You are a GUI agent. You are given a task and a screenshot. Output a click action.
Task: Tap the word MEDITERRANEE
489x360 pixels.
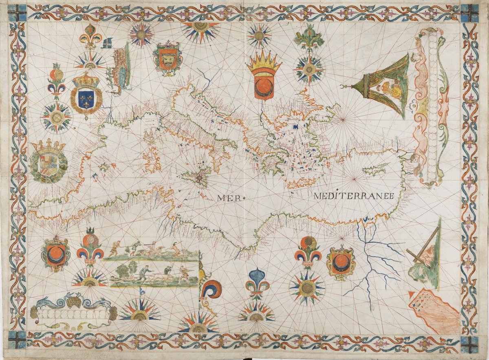click(353, 196)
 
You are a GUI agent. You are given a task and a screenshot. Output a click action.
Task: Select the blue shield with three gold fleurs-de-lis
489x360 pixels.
click(86, 98)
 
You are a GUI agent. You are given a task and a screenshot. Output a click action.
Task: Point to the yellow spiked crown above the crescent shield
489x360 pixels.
click(264, 61)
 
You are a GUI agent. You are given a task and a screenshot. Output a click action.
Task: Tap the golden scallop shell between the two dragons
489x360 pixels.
click(75, 302)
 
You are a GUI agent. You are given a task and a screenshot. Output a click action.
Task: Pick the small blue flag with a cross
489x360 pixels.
click(107, 43)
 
